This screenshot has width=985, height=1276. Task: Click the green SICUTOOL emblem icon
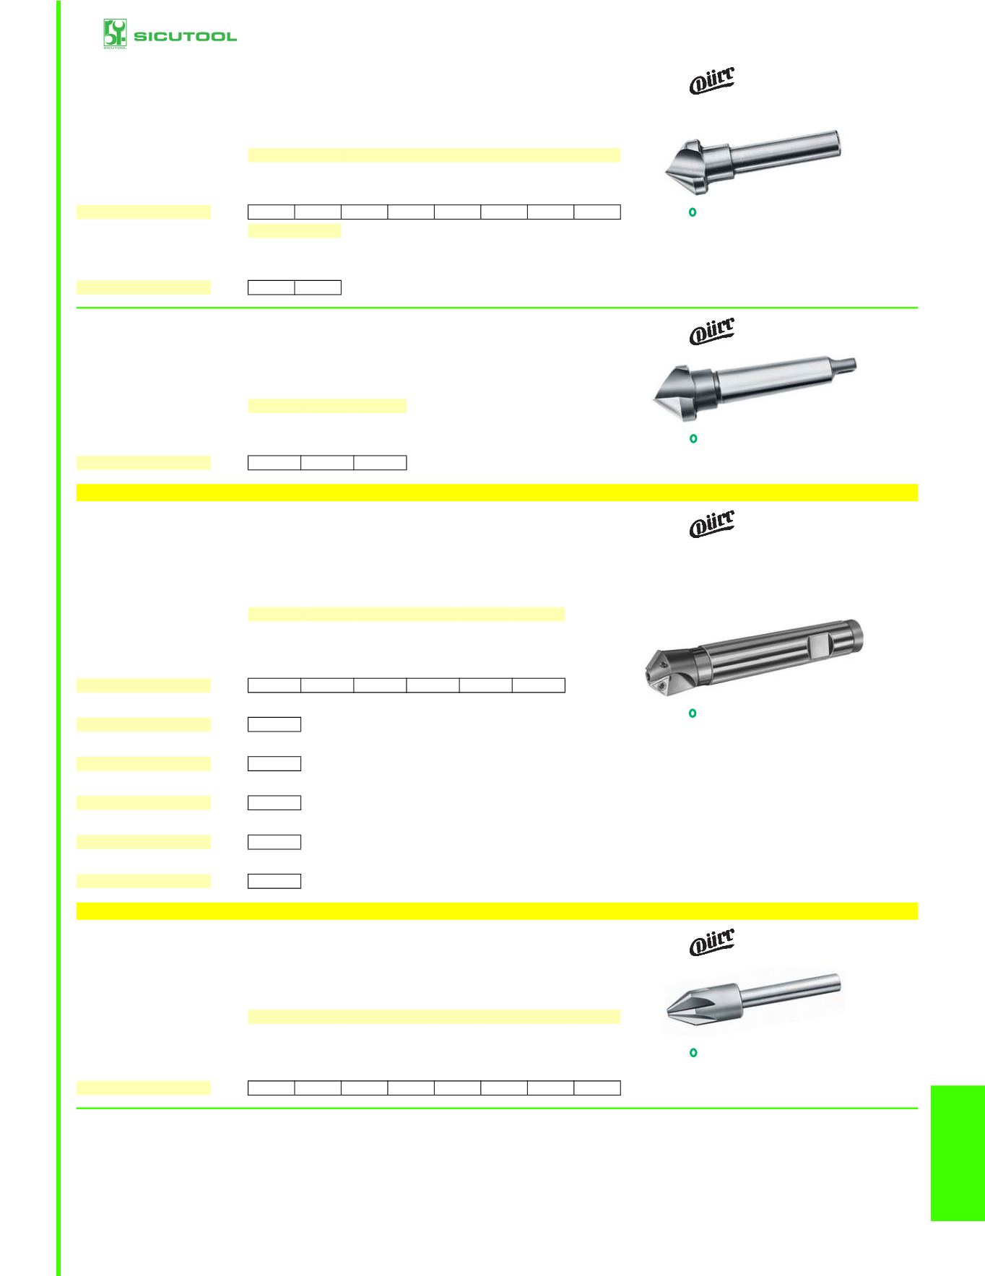click(x=115, y=34)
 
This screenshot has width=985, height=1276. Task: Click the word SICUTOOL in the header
click(x=185, y=36)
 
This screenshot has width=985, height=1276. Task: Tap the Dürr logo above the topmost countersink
click(x=712, y=80)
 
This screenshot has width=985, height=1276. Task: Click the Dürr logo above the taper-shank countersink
click(x=712, y=331)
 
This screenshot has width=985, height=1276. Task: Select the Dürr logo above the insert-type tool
click(x=712, y=524)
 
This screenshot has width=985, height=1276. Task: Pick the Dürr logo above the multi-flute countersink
click(x=712, y=942)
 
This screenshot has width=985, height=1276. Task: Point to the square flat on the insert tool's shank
click(x=820, y=644)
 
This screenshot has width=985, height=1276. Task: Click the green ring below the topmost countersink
click(x=693, y=212)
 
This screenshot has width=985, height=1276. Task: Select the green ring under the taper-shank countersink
click(x=693, y=438)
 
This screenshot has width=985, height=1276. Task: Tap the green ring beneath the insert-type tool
click(x=693, y=713)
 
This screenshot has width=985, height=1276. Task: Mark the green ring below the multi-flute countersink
click(x=693, y=1053)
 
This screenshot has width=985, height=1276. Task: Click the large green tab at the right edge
click(x=958, y=1153)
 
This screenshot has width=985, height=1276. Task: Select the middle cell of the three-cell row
click(x=327, y=463)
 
